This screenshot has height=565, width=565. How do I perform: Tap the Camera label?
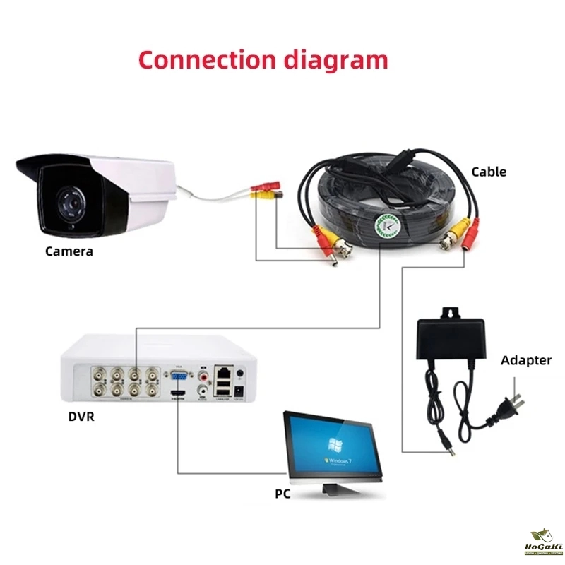pos(69,251)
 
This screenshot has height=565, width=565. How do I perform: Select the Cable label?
pos(489,172)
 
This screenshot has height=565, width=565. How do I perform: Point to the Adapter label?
pos(526,360)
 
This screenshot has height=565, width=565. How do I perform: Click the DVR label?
pos(81,416)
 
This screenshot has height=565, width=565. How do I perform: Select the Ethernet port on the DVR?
pos(225,370)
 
